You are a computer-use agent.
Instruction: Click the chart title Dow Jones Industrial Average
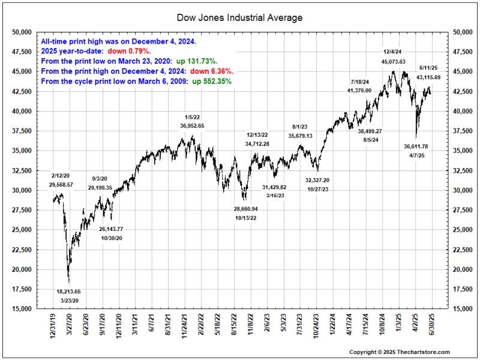tap(240, 17)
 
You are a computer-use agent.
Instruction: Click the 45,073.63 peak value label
tap(394, 62)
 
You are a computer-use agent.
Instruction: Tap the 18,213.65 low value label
tap(68, 291)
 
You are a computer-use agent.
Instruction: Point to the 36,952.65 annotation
tap(192, 126)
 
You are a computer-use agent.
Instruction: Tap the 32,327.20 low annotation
tap(317, 180)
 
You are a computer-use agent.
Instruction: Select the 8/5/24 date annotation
tap(370, 140)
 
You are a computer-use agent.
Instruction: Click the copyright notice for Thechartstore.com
tap(400, 352)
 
